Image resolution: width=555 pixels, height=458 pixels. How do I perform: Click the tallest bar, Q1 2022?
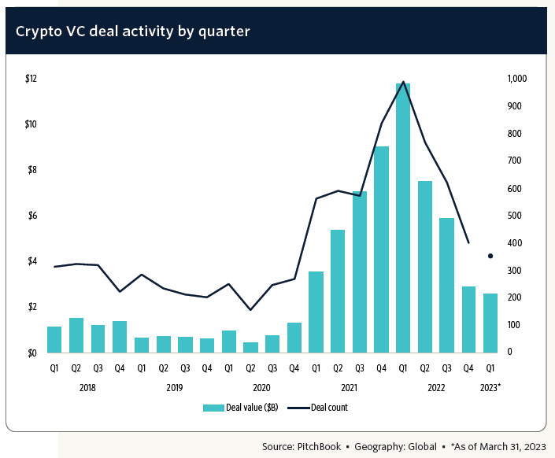[403, 217]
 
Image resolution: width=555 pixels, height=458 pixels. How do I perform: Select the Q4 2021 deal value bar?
[382, 249]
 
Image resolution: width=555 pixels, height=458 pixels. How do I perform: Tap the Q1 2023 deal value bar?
[490, 323]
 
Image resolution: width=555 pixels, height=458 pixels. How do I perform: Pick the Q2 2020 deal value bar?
[250, 347]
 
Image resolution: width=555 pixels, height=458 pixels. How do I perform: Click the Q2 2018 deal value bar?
[76, 334]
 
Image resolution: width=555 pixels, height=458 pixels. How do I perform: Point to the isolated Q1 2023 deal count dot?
[490, 256]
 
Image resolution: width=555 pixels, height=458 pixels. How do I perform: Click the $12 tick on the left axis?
[31, 79]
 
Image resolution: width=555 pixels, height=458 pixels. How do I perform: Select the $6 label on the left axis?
[31, 216]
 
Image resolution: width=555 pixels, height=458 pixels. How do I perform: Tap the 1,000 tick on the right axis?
[516, 79]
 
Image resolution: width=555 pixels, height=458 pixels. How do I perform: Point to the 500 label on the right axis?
[514, 216]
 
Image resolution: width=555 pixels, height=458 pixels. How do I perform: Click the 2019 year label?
[174, 388]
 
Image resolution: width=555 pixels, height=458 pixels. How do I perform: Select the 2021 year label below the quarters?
[349, 388]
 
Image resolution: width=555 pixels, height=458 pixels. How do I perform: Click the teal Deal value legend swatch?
[213, 408]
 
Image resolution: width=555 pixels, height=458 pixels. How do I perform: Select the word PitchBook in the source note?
[318, 446]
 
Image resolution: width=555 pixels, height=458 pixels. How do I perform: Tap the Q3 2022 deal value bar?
[447, 285]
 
